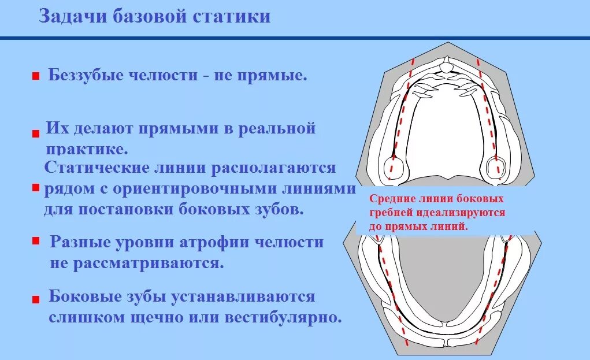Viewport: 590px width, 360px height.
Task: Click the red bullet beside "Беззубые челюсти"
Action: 36,76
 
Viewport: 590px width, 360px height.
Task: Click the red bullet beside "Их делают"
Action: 36,133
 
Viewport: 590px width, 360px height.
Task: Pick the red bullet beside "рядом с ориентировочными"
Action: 36,188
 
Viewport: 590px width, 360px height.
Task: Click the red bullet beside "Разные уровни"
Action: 36,240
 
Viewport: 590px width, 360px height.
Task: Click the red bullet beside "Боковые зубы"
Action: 36,299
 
